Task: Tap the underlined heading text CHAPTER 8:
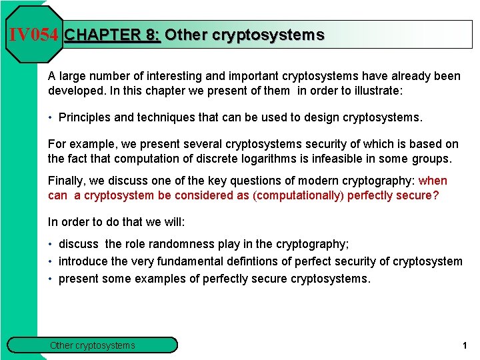click(x=112, y=35)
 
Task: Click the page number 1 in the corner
click(x=464, y=345)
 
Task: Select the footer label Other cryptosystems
click(x=93, y=345)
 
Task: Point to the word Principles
click(x=85, y=118)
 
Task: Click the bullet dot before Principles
click(x=51, y=118)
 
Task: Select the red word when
click(x=433, y=181)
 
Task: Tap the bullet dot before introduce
click(x=51, y=261)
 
